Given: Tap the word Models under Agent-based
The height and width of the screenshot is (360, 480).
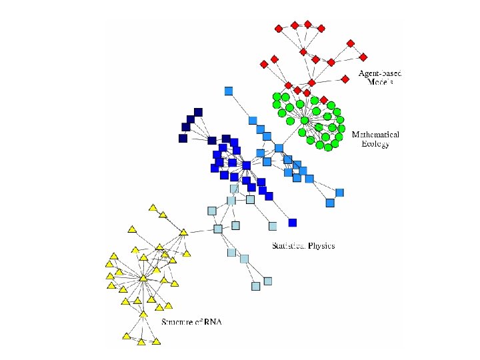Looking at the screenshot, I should click(381, 82).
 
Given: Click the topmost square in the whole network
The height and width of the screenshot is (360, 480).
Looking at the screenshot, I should click(229, 91).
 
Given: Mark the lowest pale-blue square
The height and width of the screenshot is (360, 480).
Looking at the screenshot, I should click(255, 286).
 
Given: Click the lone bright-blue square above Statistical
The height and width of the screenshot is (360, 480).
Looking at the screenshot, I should click(292, 222).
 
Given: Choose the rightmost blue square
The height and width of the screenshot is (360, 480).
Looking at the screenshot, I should click(339, 193).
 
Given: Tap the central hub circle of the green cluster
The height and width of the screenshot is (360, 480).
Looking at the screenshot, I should click(304, 121).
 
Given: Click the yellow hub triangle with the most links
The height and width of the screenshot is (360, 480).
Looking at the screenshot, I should click(143, 278).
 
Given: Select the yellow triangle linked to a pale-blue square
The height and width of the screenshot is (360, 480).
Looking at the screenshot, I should click(183, 233).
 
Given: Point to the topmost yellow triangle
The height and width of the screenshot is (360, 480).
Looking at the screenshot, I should click(153, 209).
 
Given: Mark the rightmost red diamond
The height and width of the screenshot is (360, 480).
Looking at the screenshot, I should click(364, 57).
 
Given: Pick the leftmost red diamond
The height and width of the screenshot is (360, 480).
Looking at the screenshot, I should click(263, 64).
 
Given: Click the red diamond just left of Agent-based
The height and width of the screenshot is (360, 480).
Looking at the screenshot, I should click(345, 79).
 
